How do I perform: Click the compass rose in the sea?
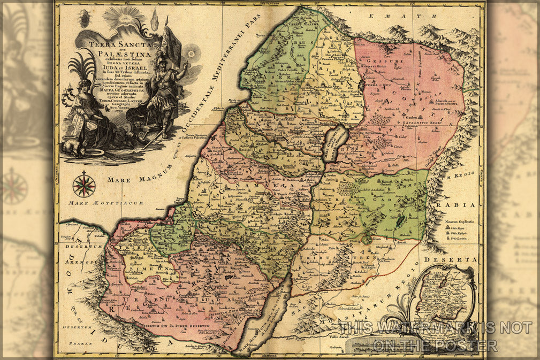coord(84,185)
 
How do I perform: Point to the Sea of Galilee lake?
coord(336,143)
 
